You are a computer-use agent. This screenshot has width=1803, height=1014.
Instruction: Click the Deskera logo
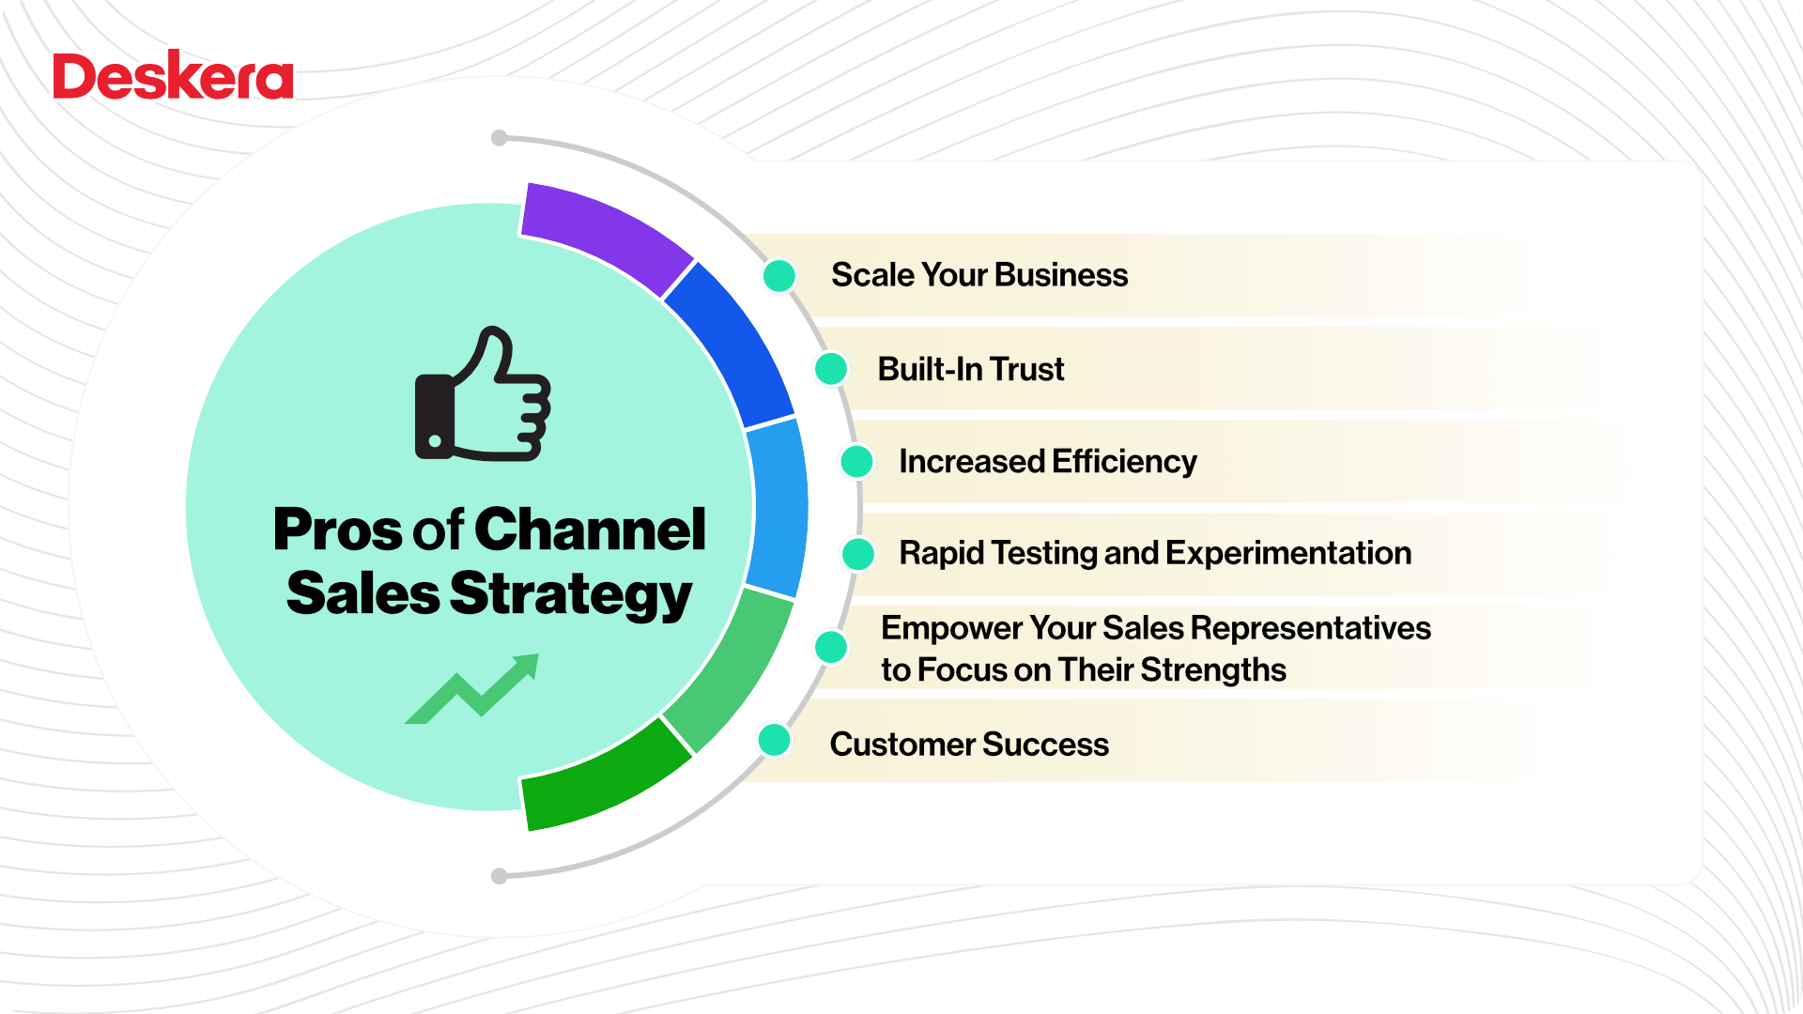[173, 76]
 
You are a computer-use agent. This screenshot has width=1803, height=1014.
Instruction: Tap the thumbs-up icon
[482, 396]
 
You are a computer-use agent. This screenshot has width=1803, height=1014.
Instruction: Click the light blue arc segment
[778, 507]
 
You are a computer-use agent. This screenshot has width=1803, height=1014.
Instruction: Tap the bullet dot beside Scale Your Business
[779, 276]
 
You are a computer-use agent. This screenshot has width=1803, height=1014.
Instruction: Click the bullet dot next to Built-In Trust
[831, 369]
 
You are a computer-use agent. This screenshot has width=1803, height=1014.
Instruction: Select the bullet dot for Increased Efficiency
[856, 462]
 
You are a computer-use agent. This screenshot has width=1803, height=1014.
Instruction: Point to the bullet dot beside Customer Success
[775, 740]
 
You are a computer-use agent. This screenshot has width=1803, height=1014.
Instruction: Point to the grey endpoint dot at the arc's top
[500, 139]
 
